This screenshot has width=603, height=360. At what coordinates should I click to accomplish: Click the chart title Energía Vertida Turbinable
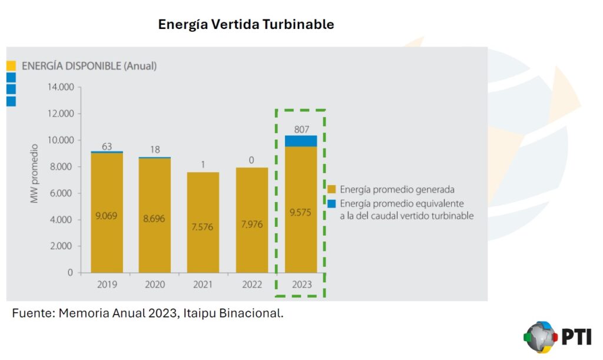246,25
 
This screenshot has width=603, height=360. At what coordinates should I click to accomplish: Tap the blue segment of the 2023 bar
301,141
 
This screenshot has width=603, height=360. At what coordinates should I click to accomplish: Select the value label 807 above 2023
301,129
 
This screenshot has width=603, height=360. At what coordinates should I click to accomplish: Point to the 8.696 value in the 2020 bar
155,217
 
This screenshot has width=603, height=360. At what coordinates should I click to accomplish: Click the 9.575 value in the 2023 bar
301,212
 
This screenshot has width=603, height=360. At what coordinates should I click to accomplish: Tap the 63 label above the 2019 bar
107,146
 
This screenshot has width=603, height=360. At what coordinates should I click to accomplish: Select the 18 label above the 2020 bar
155,150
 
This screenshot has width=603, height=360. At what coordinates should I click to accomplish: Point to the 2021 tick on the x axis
203,285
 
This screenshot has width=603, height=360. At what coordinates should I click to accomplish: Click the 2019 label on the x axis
107,285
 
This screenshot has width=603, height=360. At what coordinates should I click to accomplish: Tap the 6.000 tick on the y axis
61,193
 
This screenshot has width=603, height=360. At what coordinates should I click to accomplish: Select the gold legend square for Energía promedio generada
332,190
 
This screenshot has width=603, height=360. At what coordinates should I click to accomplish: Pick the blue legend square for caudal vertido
332,204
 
